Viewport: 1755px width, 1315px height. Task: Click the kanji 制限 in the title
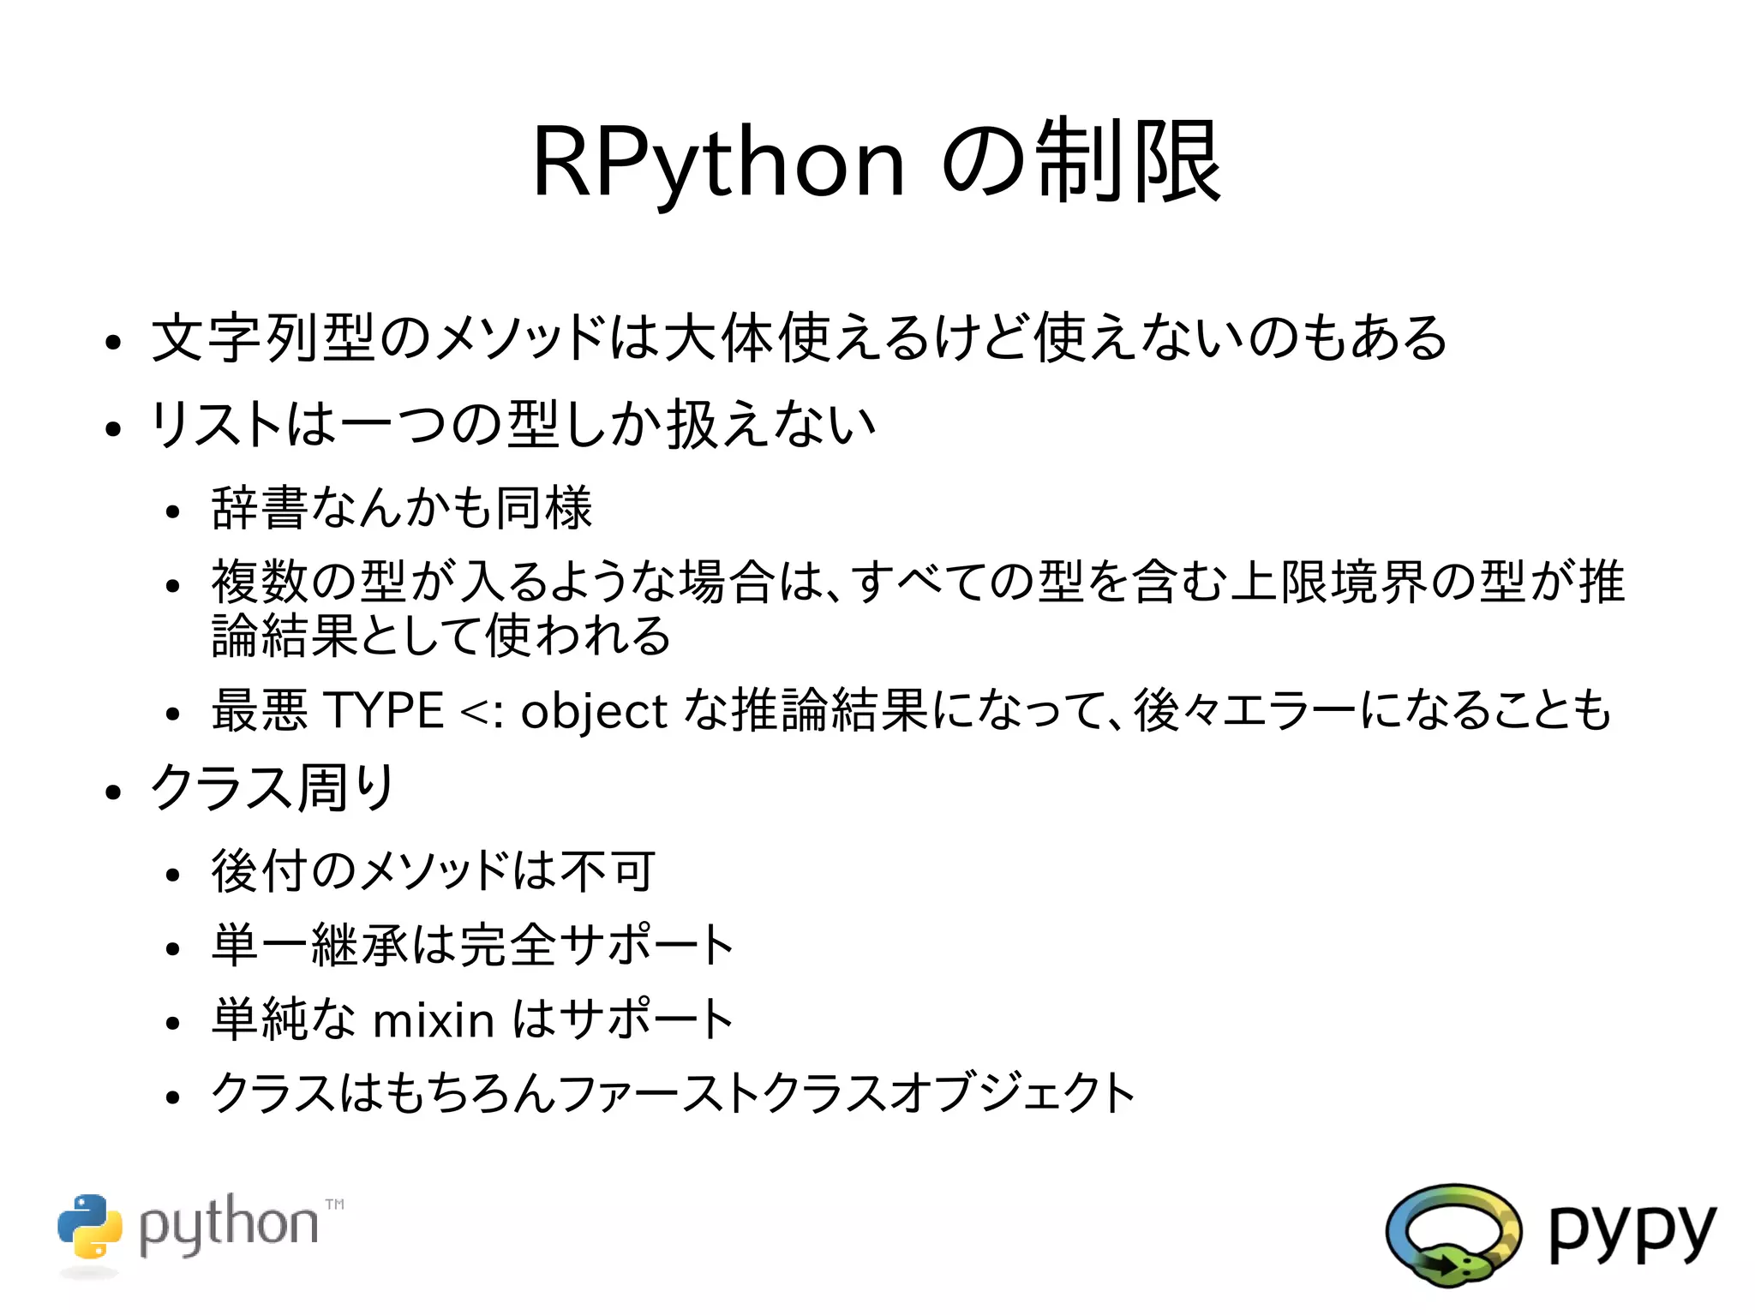pos(1129,163)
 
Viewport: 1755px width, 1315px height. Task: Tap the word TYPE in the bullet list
pos(384,711)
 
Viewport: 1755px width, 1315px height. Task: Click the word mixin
pos(434,1020)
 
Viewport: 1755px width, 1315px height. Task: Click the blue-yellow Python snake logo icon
pos(90,1227)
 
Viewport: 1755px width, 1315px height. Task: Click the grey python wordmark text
pos(228,1227)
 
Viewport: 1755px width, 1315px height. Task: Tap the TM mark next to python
pos(335,1204)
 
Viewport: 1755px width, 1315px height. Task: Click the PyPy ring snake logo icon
pos(1453,1234)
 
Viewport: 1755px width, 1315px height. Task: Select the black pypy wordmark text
pos(1632,1234)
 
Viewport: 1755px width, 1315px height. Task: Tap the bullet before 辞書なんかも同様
pos(174,512)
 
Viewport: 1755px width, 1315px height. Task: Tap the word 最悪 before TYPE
pos(260,711)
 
